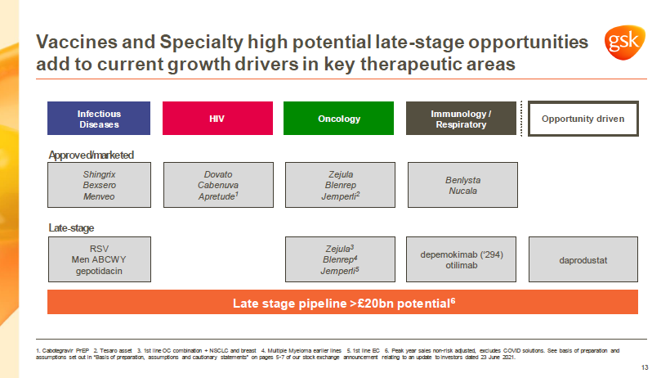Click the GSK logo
(625, 43)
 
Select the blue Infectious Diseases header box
(99, 118)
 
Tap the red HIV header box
(217, 118)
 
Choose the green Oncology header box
(338, 118)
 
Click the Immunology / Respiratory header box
(461, 118)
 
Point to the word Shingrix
(99, 174)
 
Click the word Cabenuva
(218, 186)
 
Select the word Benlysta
(462, 180)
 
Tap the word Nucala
(462, 191)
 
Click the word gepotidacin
(99, 271)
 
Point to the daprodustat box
(583, 259)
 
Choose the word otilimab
(462, 265)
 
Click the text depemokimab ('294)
(462, 254)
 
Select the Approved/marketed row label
(91, 155)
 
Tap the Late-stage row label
(71, 227)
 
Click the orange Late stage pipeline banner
(342, 302)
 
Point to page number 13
(645, 367)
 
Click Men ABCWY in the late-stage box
(99, 260)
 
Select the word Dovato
(218, 174)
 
